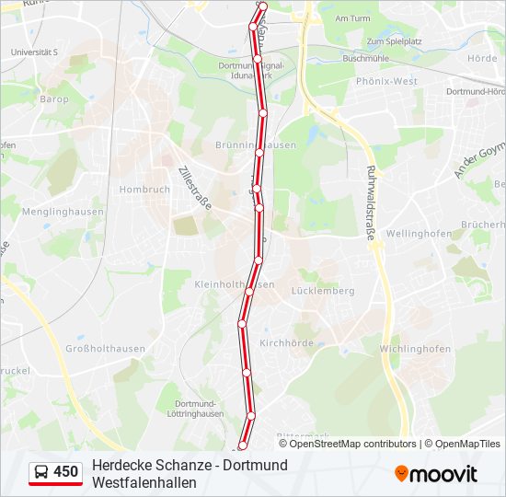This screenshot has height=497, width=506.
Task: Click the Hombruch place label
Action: (144, 190)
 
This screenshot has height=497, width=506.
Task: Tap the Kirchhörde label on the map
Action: (286, 343)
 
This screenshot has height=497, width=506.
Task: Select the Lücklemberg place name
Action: (322, 291)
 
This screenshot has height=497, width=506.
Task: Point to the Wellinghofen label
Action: (419, 234)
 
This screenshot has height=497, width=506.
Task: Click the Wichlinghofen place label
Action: (415, 349)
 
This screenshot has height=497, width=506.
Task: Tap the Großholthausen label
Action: (105, 349)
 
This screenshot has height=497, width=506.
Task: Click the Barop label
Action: (54, 98)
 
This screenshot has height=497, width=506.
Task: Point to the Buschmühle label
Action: (362, 58)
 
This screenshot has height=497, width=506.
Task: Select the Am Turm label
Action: (352, 18)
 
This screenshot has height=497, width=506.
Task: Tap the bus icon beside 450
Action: (42, 472)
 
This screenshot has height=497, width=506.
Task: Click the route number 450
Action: (66, 472)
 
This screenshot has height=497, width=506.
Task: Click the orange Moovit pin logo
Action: (401, 473)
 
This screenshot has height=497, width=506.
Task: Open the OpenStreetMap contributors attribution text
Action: (340, 444)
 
